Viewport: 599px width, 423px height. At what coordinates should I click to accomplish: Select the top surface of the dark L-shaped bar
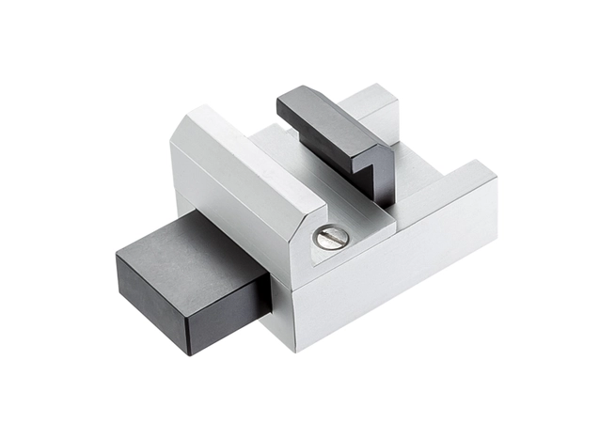(324, 117)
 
